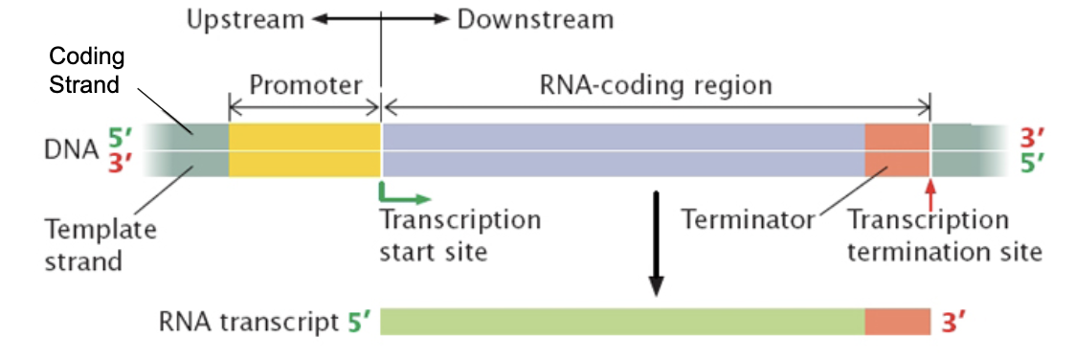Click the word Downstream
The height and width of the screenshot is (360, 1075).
pyautogui.click(x=534, y=19)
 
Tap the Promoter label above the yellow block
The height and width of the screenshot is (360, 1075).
pyautogui.click(x=305, y=85)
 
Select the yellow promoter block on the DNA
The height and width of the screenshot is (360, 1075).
pyautogui.click(x=304, y=149)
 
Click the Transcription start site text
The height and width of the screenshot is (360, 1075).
pyautogui.click(x=459, y=236)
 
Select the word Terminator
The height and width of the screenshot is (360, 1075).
pyautogui.click(x=747, y=220)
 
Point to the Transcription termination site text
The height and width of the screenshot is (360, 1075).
pyautogui.click(x=942, y=236)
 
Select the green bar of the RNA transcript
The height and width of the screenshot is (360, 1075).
pyautogui.click(x=622, y=322)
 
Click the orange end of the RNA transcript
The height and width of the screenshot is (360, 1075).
pyautogui.click(x=897, y=322)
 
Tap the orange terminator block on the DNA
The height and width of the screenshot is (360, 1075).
pyautogui.click(x=897, y=149)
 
